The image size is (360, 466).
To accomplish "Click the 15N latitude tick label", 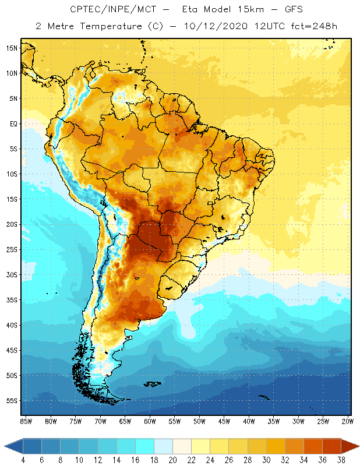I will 10,48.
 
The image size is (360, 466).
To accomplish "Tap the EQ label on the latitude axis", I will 12,123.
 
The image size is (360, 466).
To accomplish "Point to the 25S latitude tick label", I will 12,249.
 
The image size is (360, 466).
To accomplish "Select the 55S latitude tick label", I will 12,401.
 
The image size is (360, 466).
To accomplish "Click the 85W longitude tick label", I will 26,421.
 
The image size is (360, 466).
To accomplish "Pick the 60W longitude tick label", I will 150,421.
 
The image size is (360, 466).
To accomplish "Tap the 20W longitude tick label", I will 348,421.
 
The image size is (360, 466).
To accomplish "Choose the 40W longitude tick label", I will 249,421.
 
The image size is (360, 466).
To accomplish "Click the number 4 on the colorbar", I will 23,460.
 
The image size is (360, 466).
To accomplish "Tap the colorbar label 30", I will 266,460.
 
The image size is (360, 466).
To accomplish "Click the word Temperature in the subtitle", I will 105,26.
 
